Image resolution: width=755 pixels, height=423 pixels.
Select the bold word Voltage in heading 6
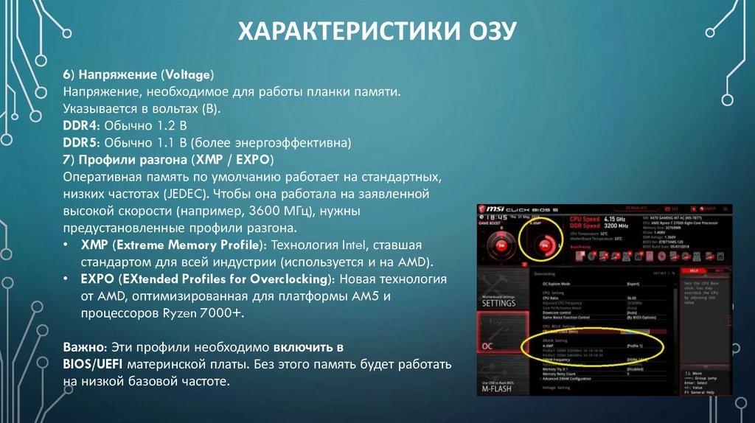coord(188,75)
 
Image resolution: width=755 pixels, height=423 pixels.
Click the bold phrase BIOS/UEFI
coord(94,365)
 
